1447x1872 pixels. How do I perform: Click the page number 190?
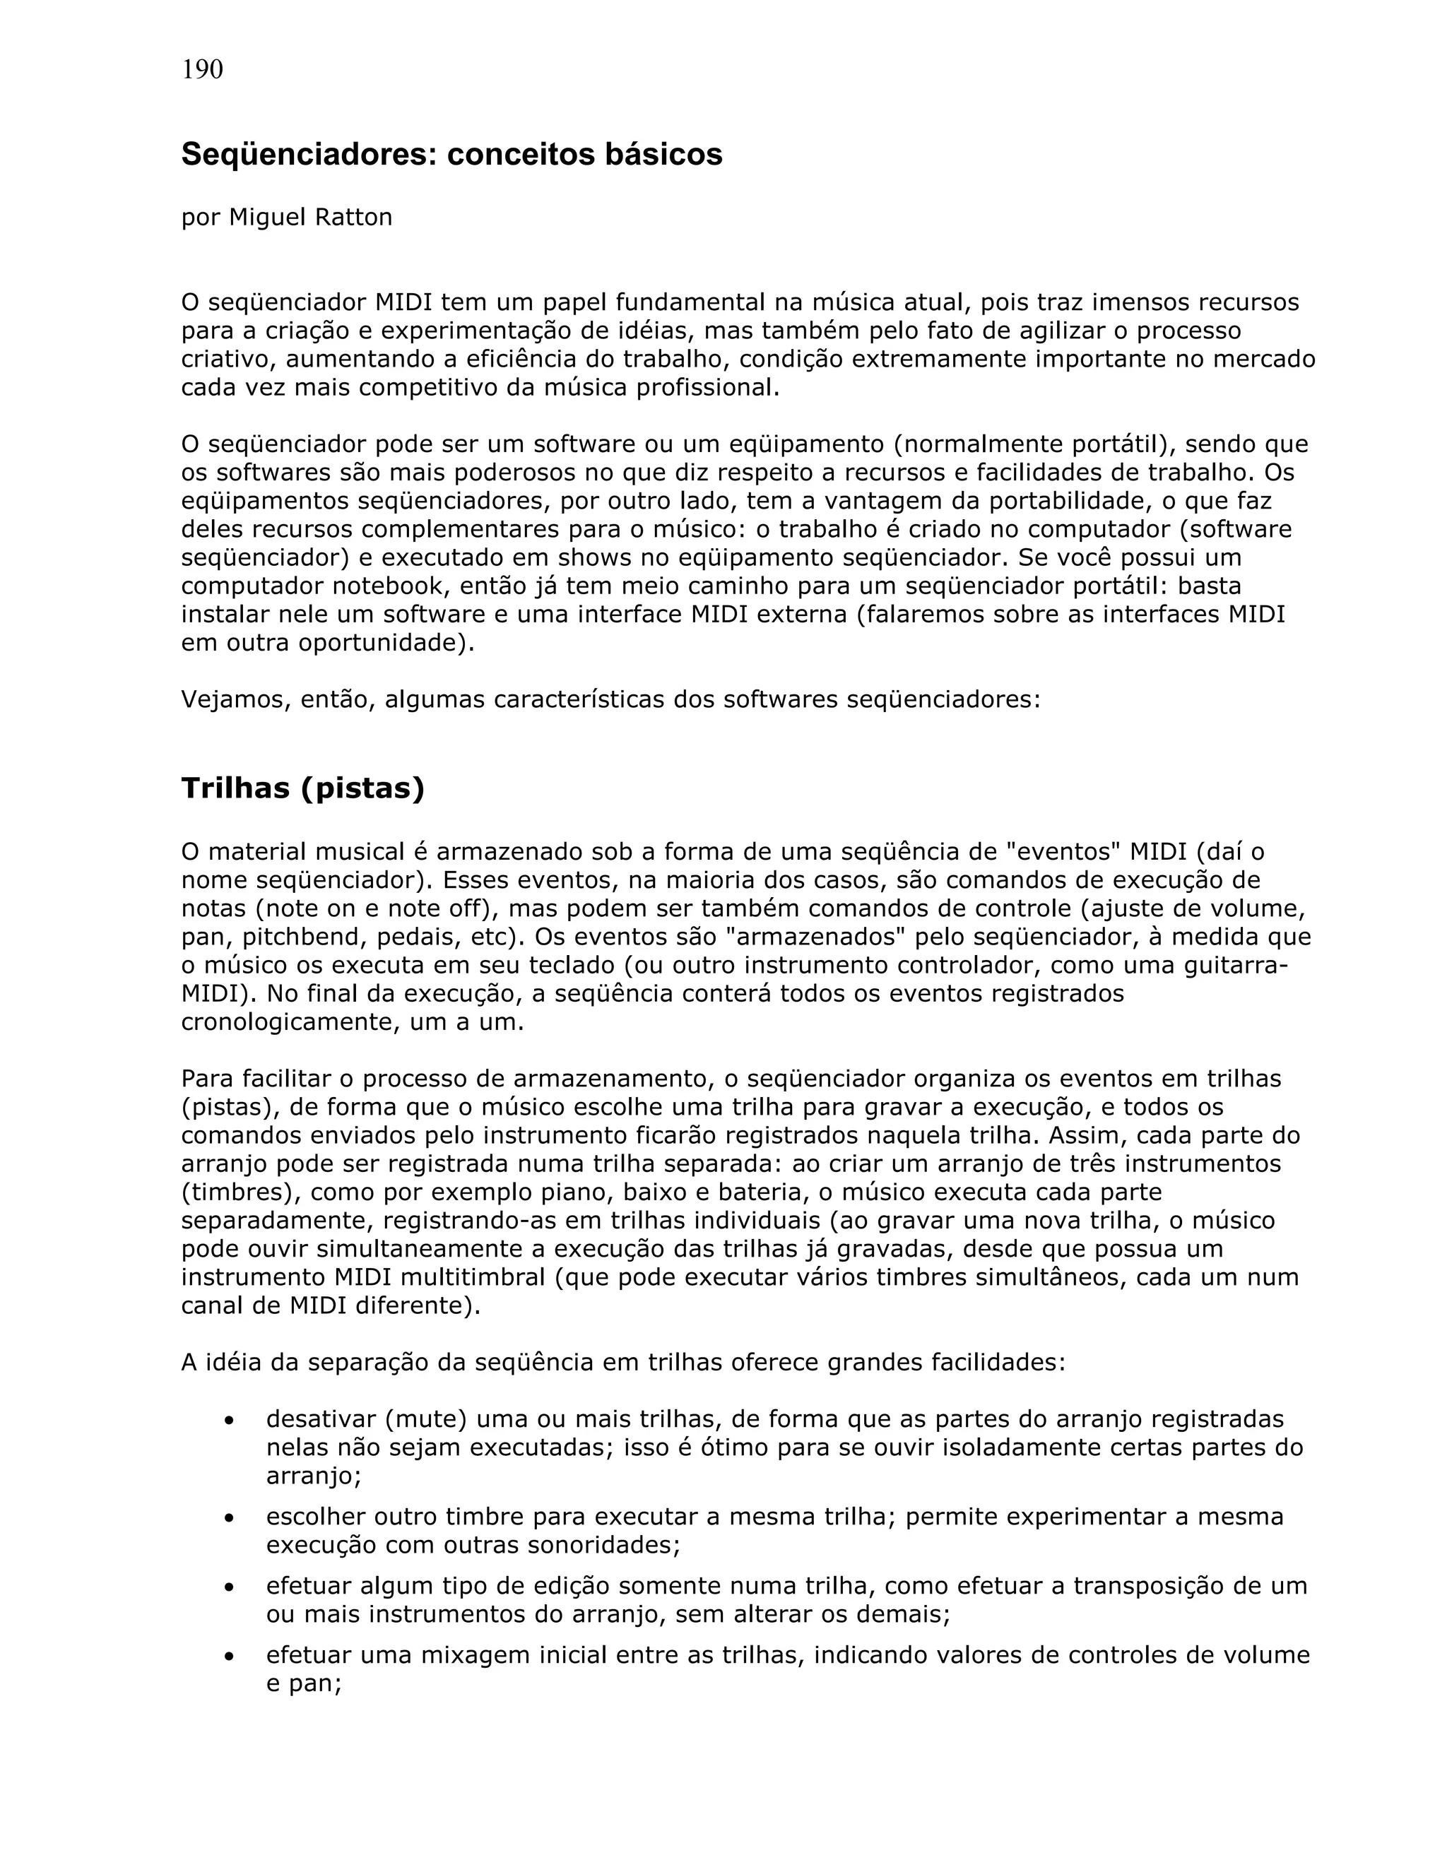point(202,69)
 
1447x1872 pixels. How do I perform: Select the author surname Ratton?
point(353,218)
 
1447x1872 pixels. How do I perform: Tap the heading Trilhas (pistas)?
point(302,788)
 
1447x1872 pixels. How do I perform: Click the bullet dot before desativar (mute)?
point(229,1421)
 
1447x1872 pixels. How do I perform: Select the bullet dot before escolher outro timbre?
point(229,1519)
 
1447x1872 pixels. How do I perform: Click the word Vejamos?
point(225,700)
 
